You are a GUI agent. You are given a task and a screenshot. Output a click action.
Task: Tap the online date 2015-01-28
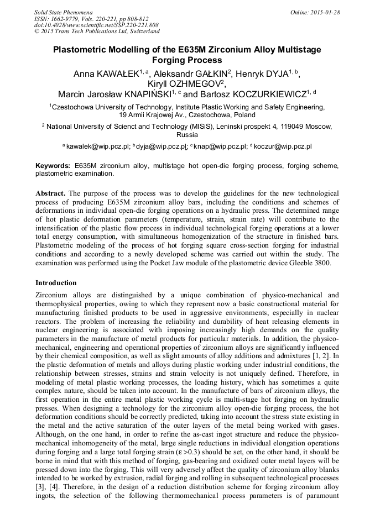coord(325,12)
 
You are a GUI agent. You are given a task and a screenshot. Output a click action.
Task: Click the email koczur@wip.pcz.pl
coord(283,146)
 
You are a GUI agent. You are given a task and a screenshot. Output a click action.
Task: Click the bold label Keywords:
coord(53,166)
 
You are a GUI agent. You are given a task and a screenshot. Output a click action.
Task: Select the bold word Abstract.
coord(51,193)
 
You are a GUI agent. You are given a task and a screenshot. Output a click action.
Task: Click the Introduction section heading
coord(56,282)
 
